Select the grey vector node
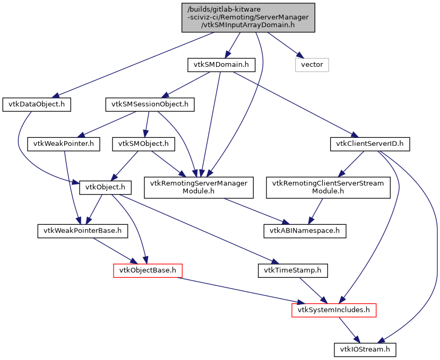coord(312,65)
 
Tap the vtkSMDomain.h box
coord(221,65)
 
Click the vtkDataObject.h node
coord(37,104)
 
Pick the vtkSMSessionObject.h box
coord(150,104)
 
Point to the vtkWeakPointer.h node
coord(64,143)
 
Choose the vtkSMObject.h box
coord(143,143)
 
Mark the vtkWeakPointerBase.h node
coord(80,231)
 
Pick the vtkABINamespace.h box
coord(305,231)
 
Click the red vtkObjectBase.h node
coord(148,270)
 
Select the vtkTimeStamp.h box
coord(292,270)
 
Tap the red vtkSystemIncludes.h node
coord(334,310)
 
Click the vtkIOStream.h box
coord(365,349)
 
